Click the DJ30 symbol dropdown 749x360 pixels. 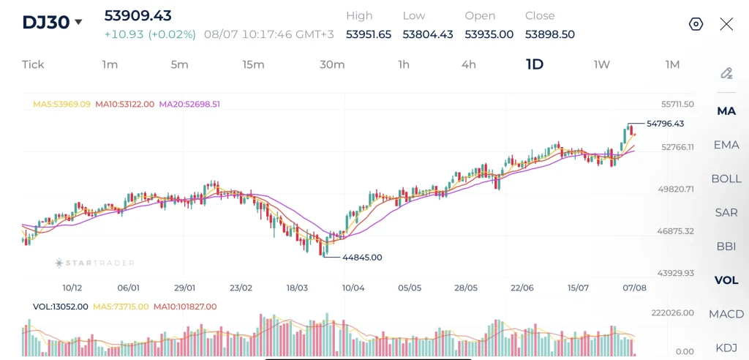tap(52, 22)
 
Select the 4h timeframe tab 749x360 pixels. tap(469, 64)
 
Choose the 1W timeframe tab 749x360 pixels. tap(601, 64)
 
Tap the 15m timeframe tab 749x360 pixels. tap(253, 64)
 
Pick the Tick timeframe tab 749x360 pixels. tap(33, 64)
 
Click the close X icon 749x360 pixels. tap(726, 24)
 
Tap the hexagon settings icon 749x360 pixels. tap(696, 24)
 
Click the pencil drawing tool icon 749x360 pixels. tap(726, 73)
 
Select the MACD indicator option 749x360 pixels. tap(726, 314)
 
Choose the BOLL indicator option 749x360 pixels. tap(726, 179)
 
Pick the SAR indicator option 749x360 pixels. tap(726, 213)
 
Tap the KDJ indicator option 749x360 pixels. tap(726, 348)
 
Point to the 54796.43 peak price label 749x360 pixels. tap(665, 124)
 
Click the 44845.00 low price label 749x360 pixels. tap(362, 258)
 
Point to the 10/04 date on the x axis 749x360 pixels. tap(353, 288)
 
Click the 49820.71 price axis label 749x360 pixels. tap(675, 189)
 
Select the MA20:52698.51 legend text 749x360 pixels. tap(189, 104)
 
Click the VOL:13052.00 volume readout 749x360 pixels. tap(60, 307)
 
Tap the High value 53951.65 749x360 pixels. tap(369, 34)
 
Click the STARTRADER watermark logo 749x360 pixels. tap(94, 263)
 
